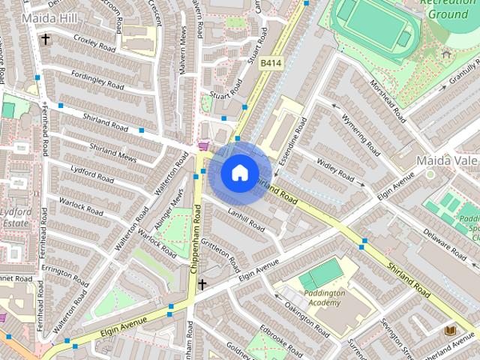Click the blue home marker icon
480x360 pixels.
click(239, 173)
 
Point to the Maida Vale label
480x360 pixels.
click(446, 160)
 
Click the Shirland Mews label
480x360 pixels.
click(112, 151)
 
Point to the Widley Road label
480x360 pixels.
click(334, 171)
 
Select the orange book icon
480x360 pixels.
click(450, 331)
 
